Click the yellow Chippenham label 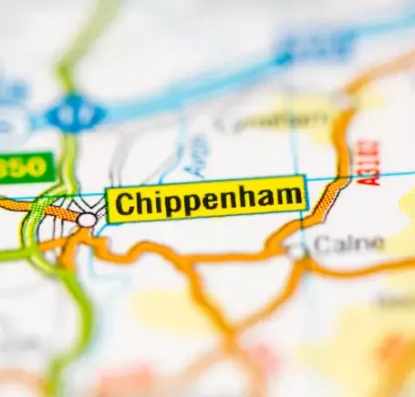click(x=206, y=199)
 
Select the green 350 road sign click(x=25, y=168)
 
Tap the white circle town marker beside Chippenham click(x=87, y=219)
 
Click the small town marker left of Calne click(x=296, y=249)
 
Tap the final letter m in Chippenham click(x=289, y=196)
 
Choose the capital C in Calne click(x=321, y=243)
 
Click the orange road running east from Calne click(x=365, y=269)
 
